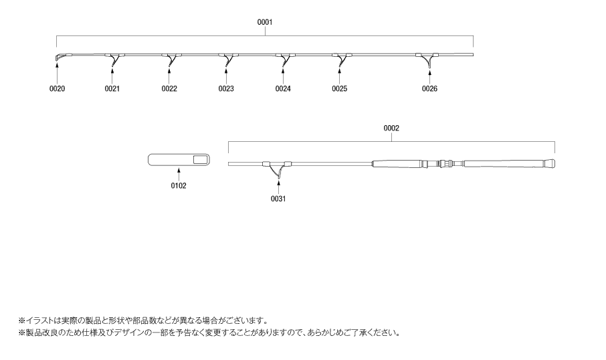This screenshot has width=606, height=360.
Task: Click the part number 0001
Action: tap(265, 22)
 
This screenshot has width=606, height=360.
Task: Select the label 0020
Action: tap(57, 88)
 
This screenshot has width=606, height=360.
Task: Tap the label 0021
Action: tap(112, 88)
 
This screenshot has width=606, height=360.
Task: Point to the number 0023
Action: tap(226, 88)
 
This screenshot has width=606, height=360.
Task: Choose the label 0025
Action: tap(340, 88)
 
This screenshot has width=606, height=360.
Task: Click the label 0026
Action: tap(429, 88)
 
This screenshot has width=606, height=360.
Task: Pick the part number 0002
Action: tap(391, 128)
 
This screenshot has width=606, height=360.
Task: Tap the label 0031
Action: tap(278, 198)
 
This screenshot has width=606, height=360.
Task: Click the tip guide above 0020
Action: tap(58, 58)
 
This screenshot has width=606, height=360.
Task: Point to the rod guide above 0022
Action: tap(172, 59)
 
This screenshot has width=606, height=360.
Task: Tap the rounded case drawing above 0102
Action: tap(179, 160)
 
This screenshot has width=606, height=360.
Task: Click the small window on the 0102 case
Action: tap(199, 160)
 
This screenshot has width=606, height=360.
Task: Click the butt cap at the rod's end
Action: tap(551, 163)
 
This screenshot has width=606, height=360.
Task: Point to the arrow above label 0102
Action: tap(179, 174)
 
